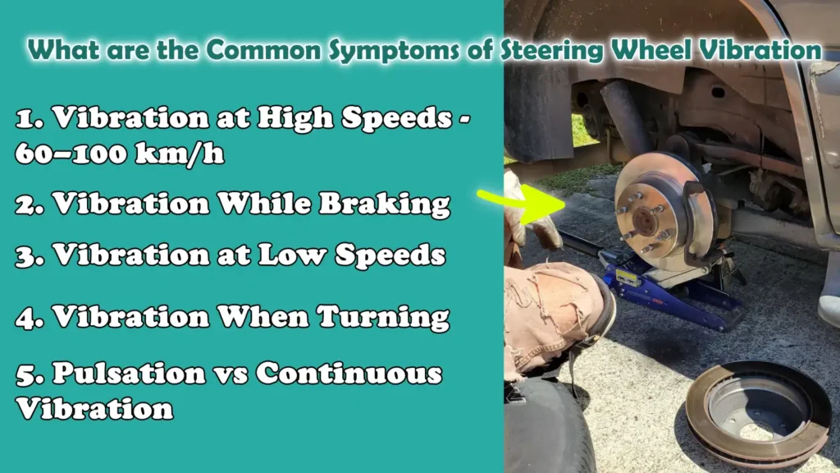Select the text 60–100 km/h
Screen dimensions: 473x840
tap(121, 154)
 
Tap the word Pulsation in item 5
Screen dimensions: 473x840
tap(129, 374)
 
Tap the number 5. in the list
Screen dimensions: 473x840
tap(29, 374)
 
